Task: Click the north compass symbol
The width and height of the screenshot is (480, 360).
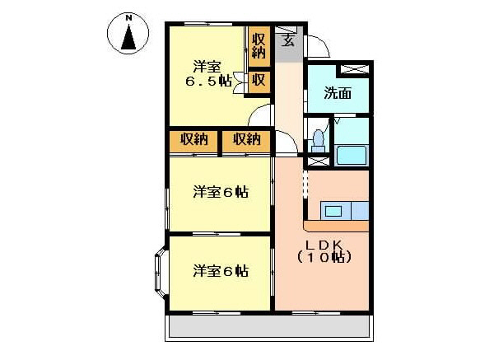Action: [x=128, y=34]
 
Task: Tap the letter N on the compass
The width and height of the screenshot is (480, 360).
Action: [x=128, y=16]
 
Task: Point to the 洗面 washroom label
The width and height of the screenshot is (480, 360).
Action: [x=338, y=93]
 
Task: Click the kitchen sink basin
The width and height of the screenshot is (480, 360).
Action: [x=333, y=211]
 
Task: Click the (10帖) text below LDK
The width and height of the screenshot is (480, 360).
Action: [x=324, y=258]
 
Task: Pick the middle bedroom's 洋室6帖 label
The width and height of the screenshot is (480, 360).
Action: [x=221, y=193]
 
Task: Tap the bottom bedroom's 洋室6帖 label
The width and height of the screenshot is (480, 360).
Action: [x=221, y=270]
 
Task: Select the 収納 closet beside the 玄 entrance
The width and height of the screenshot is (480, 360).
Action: [x=259, y=46]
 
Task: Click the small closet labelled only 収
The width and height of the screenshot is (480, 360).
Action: [x=259, y=81]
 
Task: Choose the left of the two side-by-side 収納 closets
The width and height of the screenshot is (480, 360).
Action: [x=194, y=140]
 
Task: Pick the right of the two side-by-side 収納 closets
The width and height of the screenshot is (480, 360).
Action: [x=246, y=140]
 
